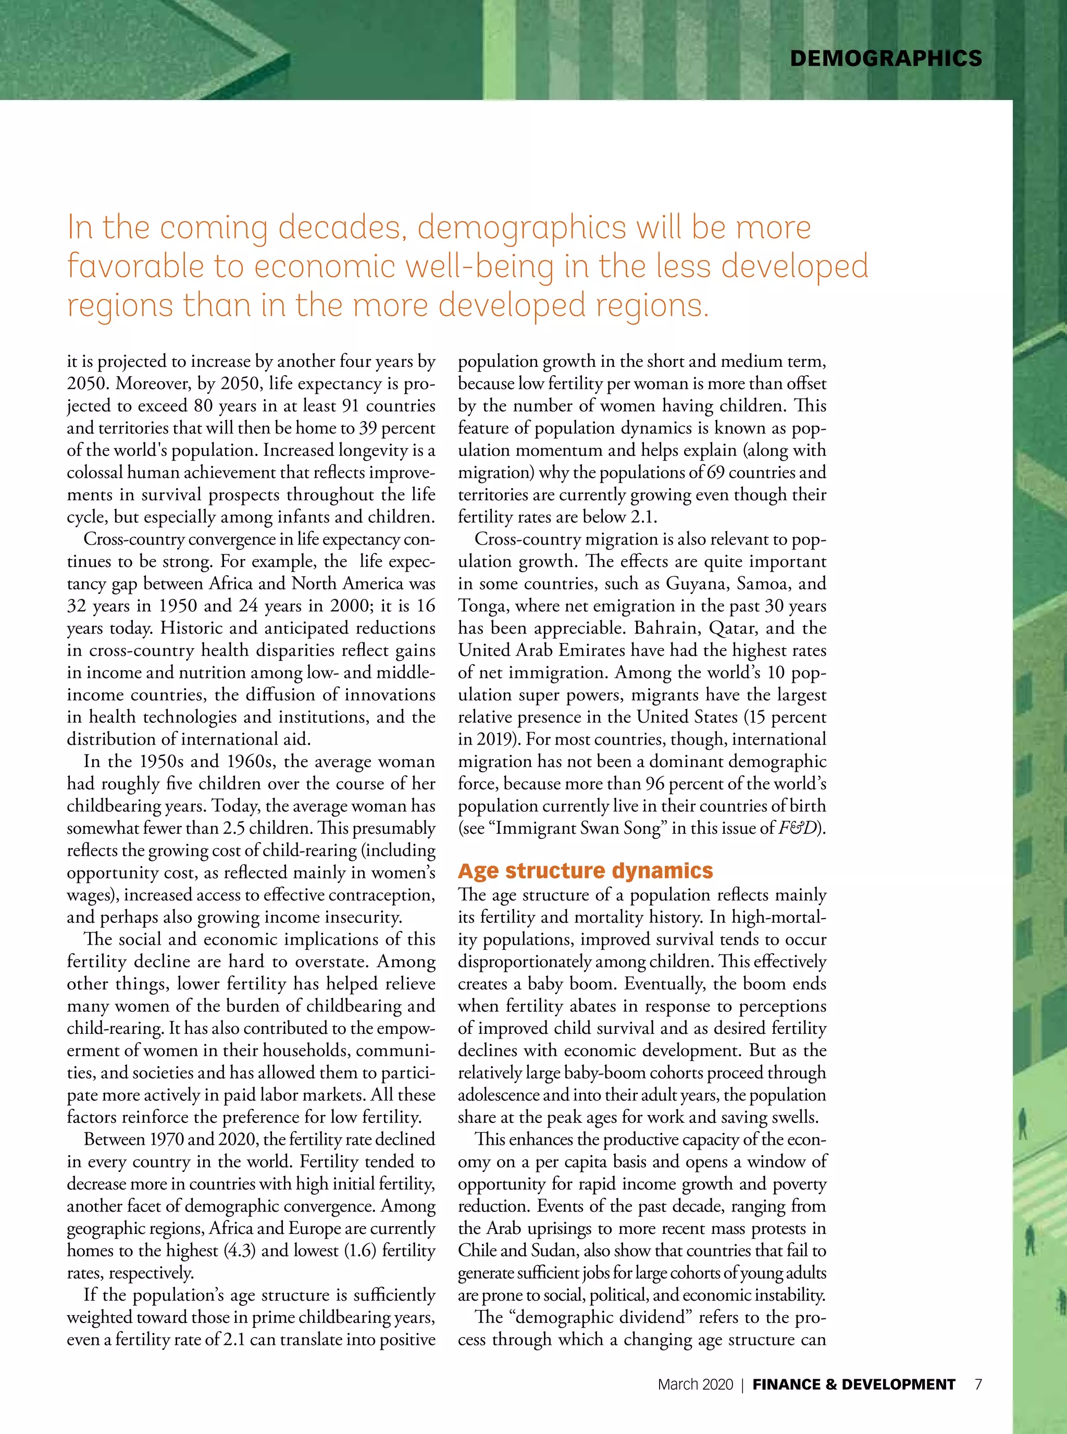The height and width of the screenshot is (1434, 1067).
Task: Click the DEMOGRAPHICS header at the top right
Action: (886, 59)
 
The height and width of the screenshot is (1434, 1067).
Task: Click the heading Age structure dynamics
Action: (585, 871)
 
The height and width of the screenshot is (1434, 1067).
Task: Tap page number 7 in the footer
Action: (978, 1383)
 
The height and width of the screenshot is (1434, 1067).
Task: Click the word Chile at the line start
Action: (477, 1251)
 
